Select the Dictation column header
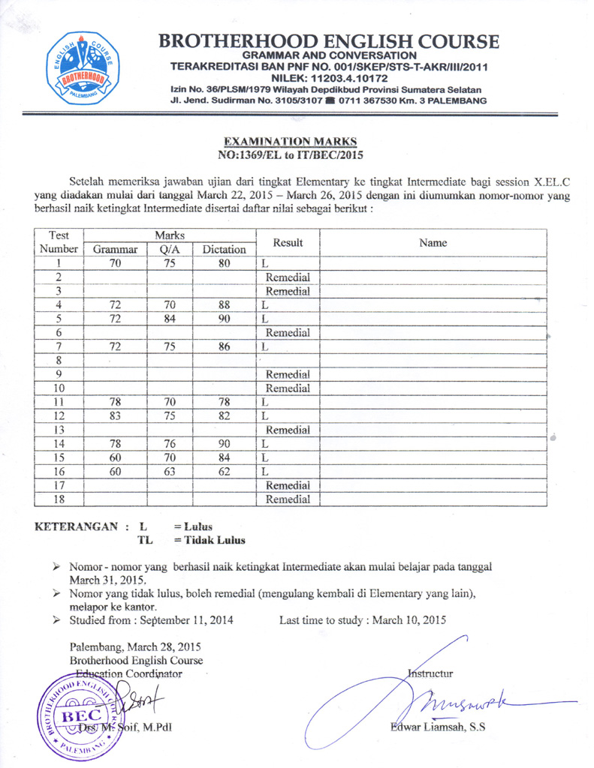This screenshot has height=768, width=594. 224,250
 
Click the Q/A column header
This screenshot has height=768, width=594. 169,250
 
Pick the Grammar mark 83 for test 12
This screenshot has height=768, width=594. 115,415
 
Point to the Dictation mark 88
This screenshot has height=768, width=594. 224,304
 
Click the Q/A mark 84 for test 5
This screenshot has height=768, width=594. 169,319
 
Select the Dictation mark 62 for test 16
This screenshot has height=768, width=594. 224,471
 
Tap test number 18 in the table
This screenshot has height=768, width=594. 58,499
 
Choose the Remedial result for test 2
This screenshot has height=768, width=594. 288,277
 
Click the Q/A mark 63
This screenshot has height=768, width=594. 169,471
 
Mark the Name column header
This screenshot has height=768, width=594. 433,243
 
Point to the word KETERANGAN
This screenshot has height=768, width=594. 78,526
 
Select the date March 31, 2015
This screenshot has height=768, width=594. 108,580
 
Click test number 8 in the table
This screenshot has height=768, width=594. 58,360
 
